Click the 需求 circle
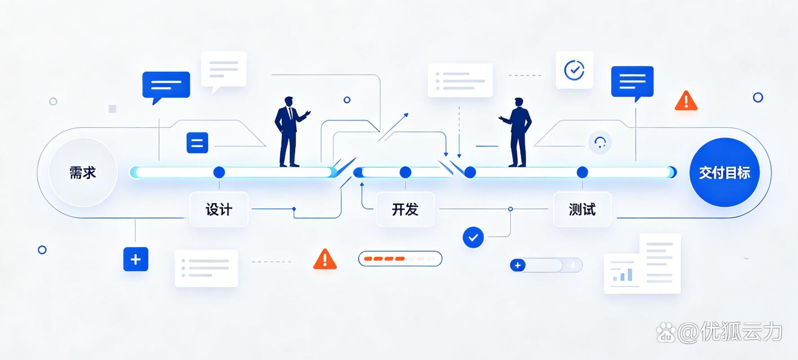[83, 172]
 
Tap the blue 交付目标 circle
[725, 172]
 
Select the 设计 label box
[219, 209]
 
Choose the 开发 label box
[405, 209]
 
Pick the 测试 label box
[582, 209]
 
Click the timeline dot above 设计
[219, 172]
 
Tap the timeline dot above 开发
[405, 172]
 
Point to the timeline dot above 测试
[582, 172]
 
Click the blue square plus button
[136, 259]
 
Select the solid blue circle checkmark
[473, 237]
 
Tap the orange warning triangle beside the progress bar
[324, 259]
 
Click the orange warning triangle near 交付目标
[686, 100]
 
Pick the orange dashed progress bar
[400, 259]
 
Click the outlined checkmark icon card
[574, 70]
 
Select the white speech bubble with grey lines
[224, 70]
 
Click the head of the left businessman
[288, 101]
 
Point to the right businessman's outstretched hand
[502, 118]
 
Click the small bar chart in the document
[622, 275]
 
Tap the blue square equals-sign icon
[197, 143]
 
